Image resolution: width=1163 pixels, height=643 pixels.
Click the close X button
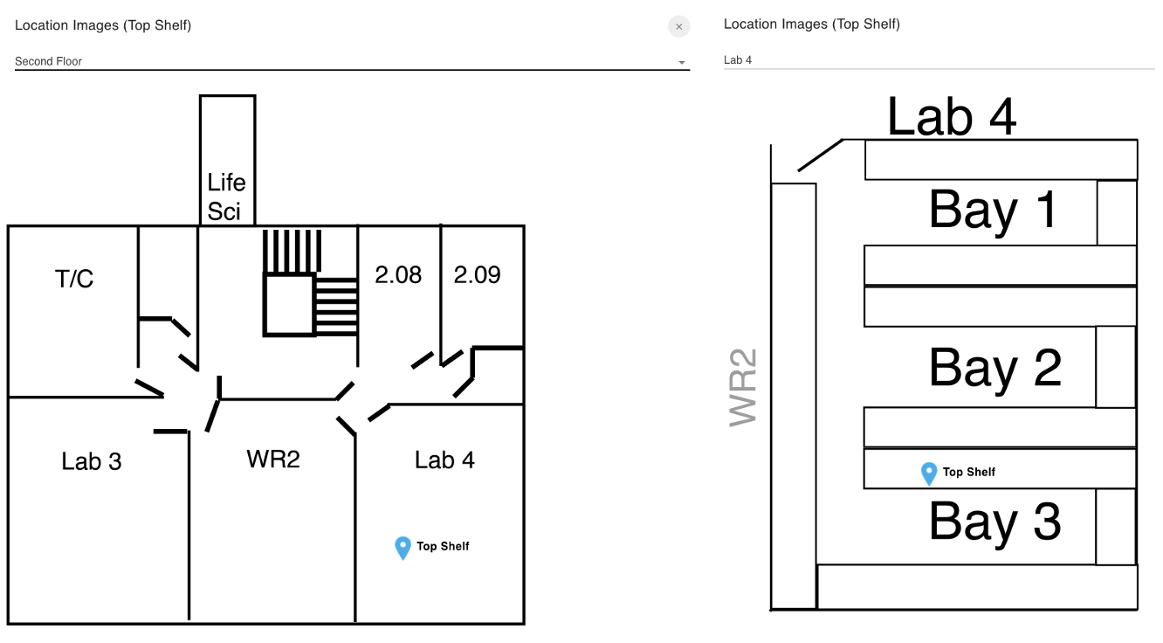point(678,26)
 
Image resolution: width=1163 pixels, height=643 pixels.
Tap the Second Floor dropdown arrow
point(682,62)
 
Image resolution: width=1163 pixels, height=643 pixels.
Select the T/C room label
point(74,279)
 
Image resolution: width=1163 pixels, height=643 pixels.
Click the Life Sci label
point(226,197)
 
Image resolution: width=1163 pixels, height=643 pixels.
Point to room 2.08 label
point(398,274)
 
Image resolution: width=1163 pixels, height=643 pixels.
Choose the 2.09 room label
point(477,274)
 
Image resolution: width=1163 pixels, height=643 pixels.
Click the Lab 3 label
point(92,461)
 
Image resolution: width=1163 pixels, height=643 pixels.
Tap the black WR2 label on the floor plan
point(273,460)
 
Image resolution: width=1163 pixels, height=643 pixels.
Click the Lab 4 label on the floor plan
point(444,460)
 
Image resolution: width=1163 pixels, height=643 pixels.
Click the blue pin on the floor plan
point(403,548)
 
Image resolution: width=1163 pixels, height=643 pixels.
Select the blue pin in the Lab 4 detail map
point(929,474)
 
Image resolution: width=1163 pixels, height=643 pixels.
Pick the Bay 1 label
point(994,210)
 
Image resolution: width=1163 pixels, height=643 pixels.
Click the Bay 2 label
point(995,369)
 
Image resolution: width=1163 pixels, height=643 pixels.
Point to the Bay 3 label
point(995,522)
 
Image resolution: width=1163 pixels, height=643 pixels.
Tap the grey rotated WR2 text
point(744,388)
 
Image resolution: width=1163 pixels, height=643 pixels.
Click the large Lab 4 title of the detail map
point(952,117)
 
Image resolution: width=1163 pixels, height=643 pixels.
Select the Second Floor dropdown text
point(48,61)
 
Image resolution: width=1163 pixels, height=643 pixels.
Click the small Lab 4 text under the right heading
point(738,60)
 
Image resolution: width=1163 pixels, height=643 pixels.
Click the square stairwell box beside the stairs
point(289,304)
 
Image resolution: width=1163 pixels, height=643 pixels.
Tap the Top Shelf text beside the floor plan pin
point(443,546)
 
